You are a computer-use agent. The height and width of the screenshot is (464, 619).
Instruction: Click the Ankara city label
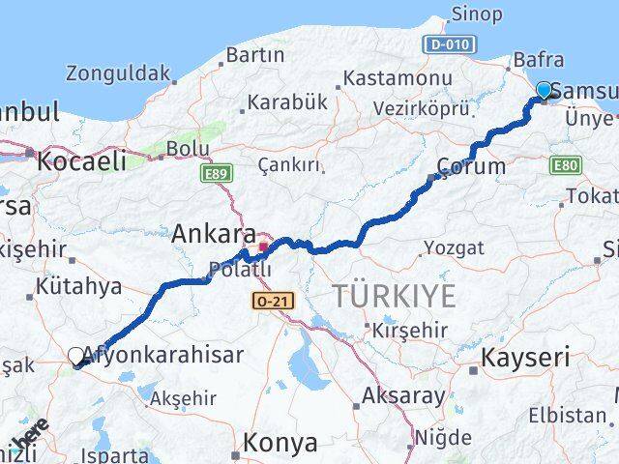pos(214,234)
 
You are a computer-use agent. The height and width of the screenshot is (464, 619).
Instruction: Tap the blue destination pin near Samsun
pos(544,91)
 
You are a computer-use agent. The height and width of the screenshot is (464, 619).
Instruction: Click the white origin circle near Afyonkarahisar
pos(76,356)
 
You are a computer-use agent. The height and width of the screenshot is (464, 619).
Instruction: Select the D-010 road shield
pos(452,44)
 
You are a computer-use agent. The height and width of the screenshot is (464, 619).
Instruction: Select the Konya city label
pos(281,443)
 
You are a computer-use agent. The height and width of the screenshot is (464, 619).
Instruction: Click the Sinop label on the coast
pos(476,14)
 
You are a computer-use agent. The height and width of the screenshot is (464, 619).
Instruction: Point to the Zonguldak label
pos(118,72)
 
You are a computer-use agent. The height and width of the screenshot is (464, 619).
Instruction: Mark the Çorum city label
pos(471,165)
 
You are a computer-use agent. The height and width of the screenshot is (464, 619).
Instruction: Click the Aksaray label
pos(403,395)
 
